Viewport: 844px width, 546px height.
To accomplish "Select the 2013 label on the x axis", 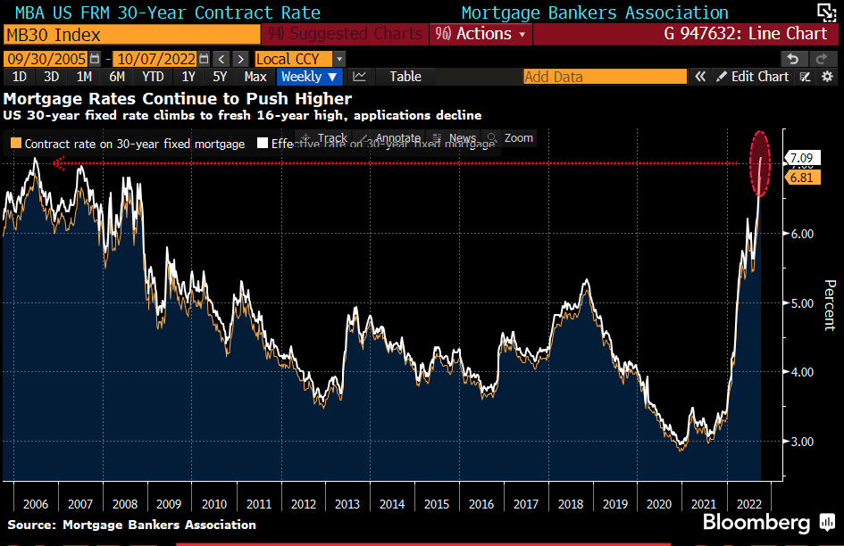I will click(347, 504).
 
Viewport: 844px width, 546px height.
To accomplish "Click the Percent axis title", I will click(829, 305).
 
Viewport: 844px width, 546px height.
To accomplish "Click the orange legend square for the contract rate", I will click(16, 143).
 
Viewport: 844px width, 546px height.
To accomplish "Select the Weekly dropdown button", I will click(309, 77).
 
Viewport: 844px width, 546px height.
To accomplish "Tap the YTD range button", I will click(153, 77).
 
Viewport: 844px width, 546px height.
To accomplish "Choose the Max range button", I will click(255, 77).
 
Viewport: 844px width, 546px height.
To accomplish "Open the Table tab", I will click(405, 77).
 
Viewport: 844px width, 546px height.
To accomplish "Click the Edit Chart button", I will click(753, 77).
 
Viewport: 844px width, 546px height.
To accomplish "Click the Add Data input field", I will click(605, 77).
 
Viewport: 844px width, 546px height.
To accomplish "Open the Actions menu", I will click(479, 34).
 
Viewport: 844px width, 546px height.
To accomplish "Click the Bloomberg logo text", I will click(756, 522).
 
